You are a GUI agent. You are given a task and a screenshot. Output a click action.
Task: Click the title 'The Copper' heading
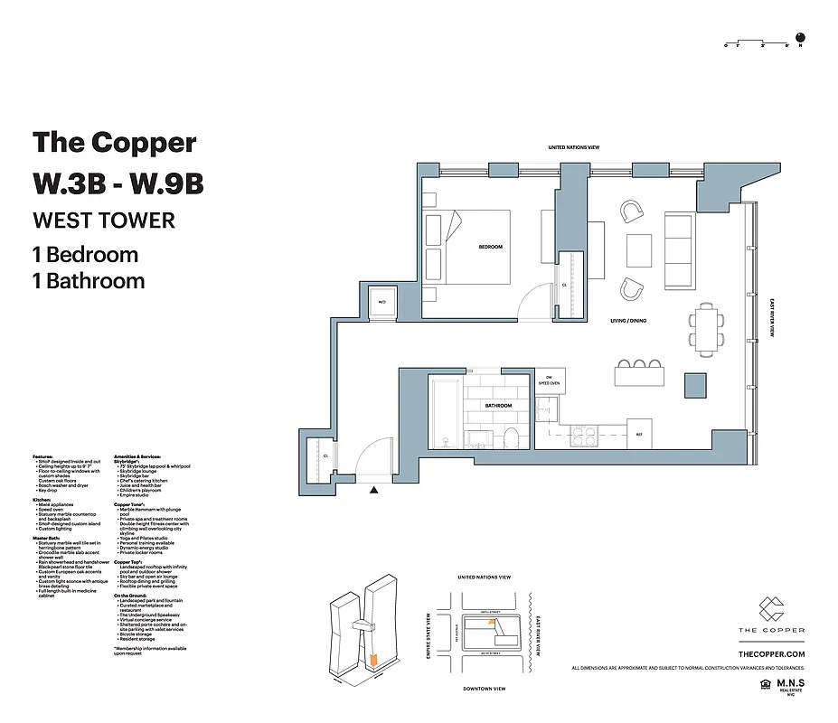(115, 143)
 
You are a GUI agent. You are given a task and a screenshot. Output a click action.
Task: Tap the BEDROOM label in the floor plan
(490, 247)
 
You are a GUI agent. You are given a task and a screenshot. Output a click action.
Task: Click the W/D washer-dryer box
(381, 303)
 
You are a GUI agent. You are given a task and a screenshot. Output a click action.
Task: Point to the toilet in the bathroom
(510, 438)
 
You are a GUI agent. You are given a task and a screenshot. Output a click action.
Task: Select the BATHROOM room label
(498, 406)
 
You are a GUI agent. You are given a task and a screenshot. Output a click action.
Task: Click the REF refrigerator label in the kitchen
(638, 434)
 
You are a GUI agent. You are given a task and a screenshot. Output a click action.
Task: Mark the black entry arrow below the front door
(373, 490)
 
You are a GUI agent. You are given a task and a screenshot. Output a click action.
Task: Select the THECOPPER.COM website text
(771, 653)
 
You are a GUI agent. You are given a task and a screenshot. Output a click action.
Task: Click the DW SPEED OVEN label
(549, 380)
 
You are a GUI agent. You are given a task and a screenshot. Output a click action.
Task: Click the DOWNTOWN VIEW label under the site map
(485, 689)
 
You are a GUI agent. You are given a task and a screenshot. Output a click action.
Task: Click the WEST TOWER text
(103, 221)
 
